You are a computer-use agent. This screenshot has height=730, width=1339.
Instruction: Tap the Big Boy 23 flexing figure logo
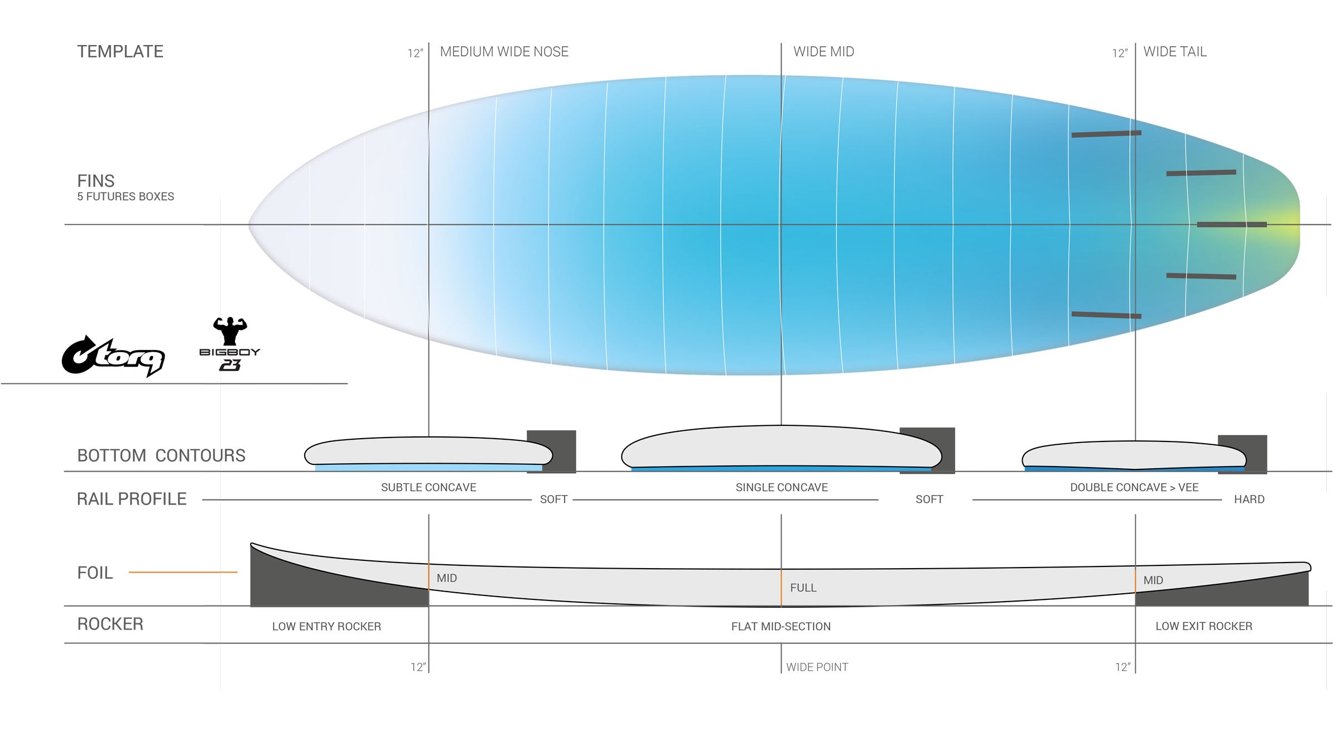tap(229, 344)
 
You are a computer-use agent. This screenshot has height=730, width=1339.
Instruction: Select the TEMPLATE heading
tap(120, 52)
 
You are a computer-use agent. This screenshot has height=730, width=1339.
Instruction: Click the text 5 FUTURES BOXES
tap(126, 196)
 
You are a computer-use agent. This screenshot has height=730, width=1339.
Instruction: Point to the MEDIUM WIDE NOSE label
tap(504, 52)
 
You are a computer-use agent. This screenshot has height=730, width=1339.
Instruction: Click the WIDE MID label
tap(823, 52)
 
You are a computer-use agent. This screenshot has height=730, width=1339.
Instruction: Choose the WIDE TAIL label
tap(1174, 52)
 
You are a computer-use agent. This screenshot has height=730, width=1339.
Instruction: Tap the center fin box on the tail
tap(1231, 224)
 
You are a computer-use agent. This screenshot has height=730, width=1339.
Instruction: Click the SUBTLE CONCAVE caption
tap(428, 487)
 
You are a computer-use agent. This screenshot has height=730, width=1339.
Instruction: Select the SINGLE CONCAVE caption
tap(782, 487)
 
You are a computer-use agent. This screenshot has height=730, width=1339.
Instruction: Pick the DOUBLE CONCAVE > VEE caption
tap(1134, 487)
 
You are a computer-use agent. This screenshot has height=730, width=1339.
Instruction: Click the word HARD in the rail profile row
tap(1249, 500)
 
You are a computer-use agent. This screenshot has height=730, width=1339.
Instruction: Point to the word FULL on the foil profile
tap(803, 588)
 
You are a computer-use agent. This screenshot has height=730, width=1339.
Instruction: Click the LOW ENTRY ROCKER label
tap(326, 626)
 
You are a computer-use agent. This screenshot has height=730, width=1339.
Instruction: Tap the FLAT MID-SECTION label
tap(781, 626)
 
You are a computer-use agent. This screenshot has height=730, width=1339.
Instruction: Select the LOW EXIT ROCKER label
tap(1203, 626)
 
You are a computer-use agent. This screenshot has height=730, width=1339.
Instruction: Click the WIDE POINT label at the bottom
tap(817, 667)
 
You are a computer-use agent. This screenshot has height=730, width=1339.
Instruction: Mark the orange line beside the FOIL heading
tap(183, 572)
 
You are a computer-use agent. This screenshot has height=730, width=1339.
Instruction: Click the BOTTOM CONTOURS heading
tap(161, 455)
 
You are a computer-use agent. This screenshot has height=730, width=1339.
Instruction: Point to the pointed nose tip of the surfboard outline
tap(250, 225)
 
